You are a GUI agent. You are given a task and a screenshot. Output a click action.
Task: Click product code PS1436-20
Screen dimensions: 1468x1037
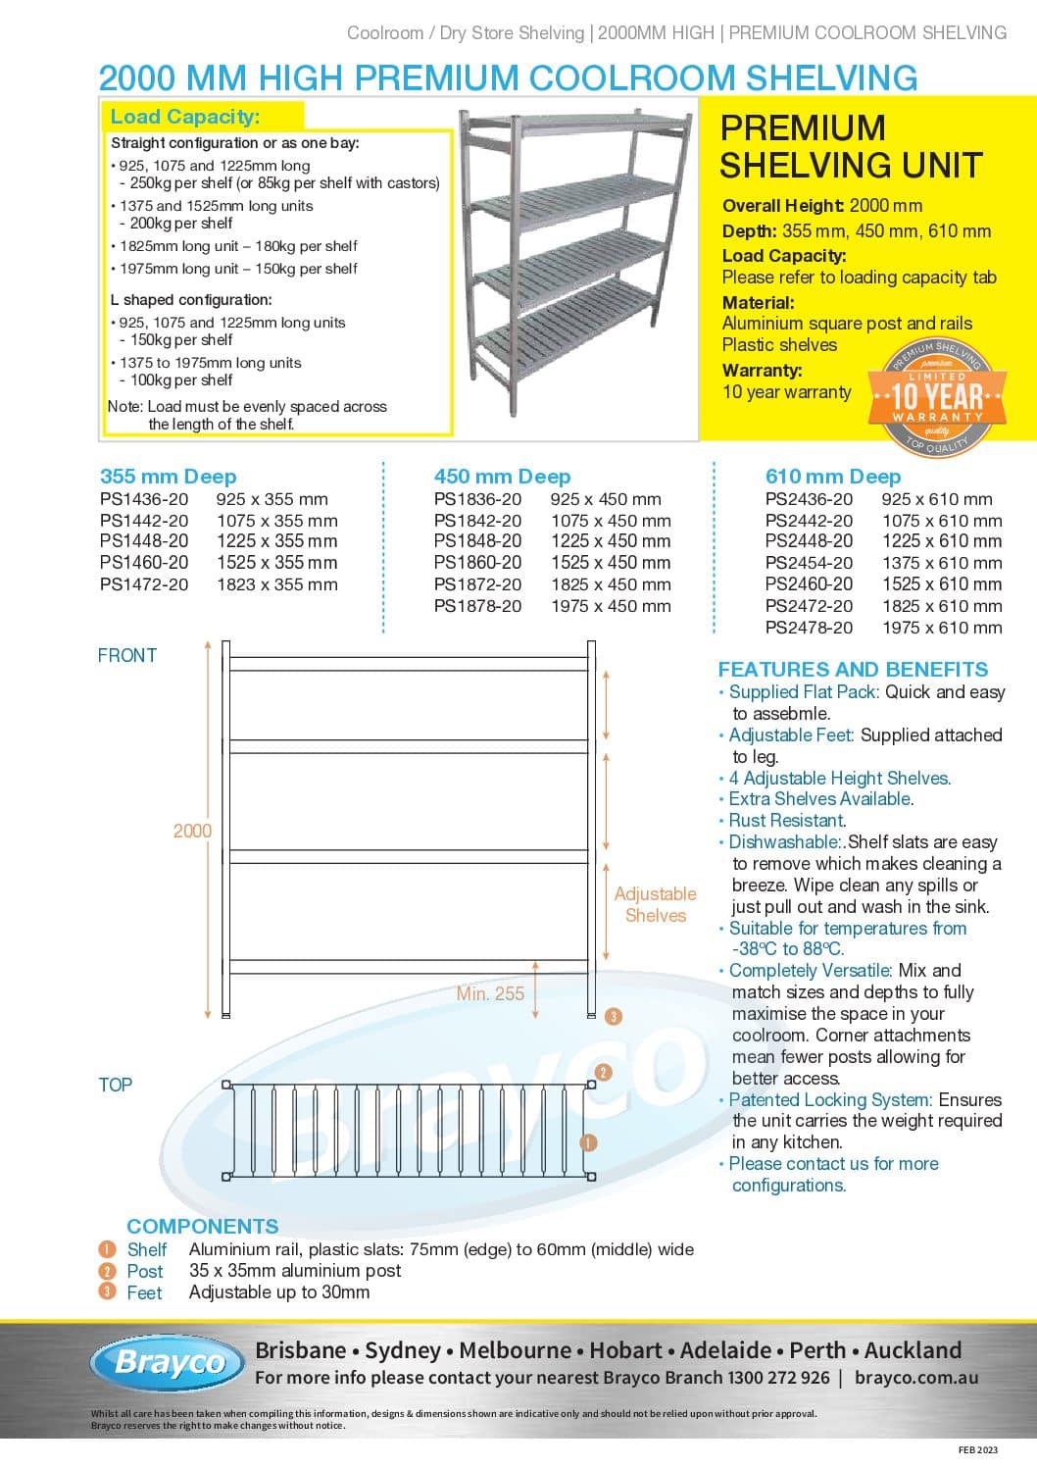click(x=144, y=499)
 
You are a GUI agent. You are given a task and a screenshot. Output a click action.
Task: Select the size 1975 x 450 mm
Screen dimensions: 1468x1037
click(x=611, y=606)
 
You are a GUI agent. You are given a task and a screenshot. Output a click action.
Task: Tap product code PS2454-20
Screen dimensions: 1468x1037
click(x=809, y=563)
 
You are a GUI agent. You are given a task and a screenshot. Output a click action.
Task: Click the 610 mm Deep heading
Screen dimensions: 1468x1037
click(x=832, y=477)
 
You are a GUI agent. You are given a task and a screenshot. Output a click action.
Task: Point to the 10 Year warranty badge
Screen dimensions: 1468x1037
click(x=936, y=396)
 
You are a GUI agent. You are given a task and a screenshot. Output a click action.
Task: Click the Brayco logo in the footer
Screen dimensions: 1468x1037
click(x=170, y=1362)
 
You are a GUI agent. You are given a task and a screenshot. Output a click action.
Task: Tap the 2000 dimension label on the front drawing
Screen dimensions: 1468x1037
click(x=192, y=831)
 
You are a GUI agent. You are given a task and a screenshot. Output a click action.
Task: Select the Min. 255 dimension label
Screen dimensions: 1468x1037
click(x=490, y=993)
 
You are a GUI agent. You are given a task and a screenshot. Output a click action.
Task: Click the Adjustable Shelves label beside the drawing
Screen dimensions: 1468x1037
click(x=655, y=904)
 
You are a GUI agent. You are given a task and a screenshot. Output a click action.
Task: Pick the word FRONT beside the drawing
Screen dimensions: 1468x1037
click(x=127, y=655)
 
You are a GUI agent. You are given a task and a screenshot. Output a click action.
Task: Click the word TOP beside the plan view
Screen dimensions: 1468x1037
click(x=115, y=1085)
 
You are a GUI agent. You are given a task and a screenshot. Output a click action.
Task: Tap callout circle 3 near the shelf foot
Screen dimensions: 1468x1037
click(x=613, y=1016)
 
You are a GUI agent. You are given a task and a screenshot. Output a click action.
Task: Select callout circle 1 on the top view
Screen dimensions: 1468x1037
click(x=588, y=1142)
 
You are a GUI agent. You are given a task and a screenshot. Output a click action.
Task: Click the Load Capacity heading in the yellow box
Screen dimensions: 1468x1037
click(x=185, y=117)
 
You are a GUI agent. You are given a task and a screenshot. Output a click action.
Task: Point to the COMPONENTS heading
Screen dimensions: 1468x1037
click(x=202, y=1226)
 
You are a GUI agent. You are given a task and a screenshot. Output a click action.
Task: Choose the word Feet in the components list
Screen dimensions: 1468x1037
click(x=144, y=1292)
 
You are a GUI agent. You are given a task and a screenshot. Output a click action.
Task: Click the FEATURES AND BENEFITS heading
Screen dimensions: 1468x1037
click(x=853, y=670)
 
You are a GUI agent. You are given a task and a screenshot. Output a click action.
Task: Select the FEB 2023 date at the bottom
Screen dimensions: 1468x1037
click(x=977, y=1449)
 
